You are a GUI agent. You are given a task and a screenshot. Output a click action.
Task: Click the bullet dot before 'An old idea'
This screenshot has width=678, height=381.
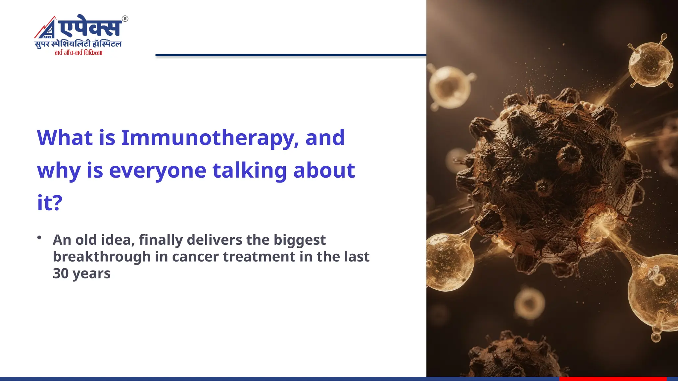tap(39, 237)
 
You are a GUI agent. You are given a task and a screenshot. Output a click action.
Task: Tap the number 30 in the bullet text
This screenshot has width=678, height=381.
tap(61, 274)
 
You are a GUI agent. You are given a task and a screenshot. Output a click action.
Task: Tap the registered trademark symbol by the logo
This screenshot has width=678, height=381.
tap(125, 19)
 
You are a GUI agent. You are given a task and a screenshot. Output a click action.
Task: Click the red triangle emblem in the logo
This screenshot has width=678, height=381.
tap(46, 28)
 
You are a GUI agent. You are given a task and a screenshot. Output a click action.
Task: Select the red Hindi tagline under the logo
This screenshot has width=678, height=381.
tap(78, 53)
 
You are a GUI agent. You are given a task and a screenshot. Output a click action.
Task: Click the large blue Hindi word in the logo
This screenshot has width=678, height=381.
tap(89, 27)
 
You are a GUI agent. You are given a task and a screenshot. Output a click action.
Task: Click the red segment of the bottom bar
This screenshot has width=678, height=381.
tap(612, 379)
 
